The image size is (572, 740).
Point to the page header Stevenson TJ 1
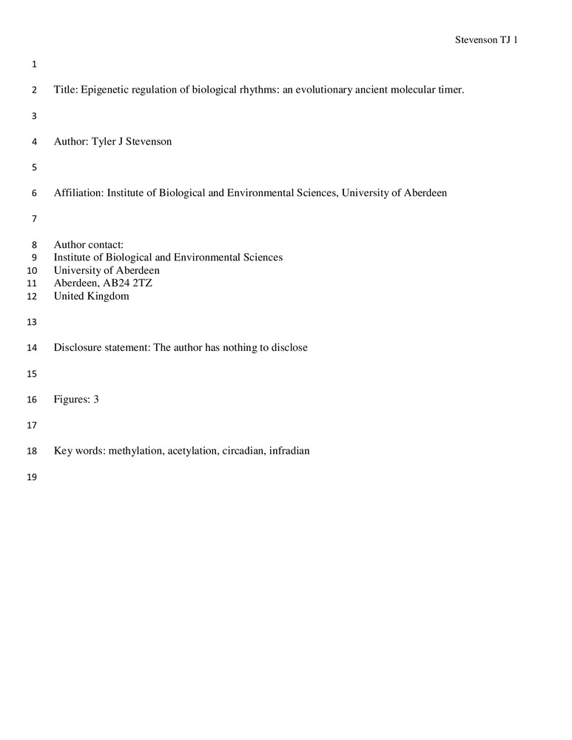[x=485, y=40]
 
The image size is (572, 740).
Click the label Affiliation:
[x=79, y=193]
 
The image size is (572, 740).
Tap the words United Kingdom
[x=91, y=296]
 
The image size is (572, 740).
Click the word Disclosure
[x=78, y=347]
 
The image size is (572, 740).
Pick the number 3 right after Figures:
[x=95, y=399]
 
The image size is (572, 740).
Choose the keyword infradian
[x=289, y=450]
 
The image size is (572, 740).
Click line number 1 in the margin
[x=34, y=64]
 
